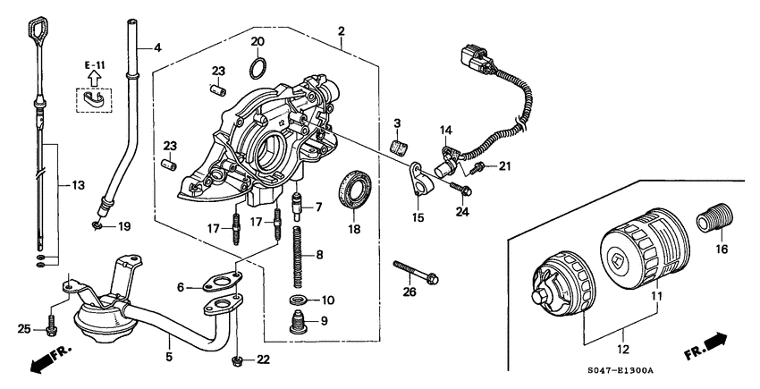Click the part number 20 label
[258, 42]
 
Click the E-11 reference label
[95, 66]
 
